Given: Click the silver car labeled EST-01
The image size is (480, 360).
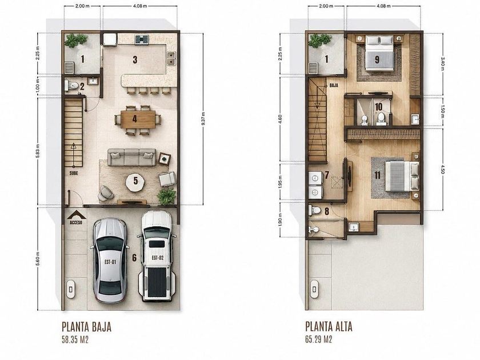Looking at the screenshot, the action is [110, 260].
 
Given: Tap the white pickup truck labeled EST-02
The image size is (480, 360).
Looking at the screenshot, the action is [157, 256].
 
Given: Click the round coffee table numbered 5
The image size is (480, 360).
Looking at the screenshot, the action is [135, 182].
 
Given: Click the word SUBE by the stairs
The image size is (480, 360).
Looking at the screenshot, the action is [74, 173].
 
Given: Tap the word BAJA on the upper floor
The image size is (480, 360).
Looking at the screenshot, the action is [334, 85].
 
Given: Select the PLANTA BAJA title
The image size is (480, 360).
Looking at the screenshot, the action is [86, 327].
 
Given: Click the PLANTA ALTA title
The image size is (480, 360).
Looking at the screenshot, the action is [329, 327].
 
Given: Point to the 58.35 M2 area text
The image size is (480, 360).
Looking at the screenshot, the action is [75, 340].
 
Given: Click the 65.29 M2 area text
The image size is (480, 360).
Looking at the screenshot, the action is [319, 339].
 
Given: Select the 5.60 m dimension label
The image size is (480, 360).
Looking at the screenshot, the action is [38, 259].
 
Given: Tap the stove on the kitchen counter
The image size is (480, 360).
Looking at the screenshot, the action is [142, 39].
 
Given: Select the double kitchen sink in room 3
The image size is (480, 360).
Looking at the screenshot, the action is [171, 58].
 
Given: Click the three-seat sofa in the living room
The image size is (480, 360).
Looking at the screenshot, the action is [131, 157].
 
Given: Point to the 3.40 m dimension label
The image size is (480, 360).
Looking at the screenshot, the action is [442, 64].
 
